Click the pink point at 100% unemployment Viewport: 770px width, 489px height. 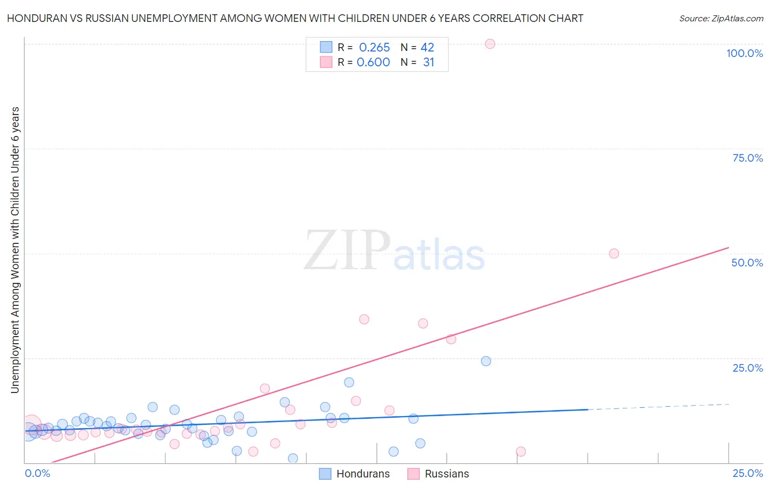(490, 44)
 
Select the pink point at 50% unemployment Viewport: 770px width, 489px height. (614, 253)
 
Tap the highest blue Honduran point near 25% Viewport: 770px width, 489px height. (486, 361)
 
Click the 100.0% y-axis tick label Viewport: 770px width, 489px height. (744, 53)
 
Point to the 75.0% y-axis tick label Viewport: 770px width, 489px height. (748, 158)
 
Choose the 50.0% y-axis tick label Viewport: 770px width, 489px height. (747, 263)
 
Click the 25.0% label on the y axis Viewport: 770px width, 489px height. (748, 367)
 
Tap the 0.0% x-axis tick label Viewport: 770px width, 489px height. (37, 473)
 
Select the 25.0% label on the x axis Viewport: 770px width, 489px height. (748, 473)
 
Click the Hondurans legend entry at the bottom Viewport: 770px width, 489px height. (363, 474)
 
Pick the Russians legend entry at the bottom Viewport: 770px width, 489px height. (446, 474)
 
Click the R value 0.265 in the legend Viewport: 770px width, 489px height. (375, 47)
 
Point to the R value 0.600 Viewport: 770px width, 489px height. (373, 62)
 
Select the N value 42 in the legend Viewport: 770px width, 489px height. (427, 47)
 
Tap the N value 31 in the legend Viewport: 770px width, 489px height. (428, 62)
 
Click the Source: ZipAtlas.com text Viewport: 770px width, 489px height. (721, 18)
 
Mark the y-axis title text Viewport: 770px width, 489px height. (15, 250)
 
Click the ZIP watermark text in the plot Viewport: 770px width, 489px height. (347, 251)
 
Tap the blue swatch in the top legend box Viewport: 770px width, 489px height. (326, 47)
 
